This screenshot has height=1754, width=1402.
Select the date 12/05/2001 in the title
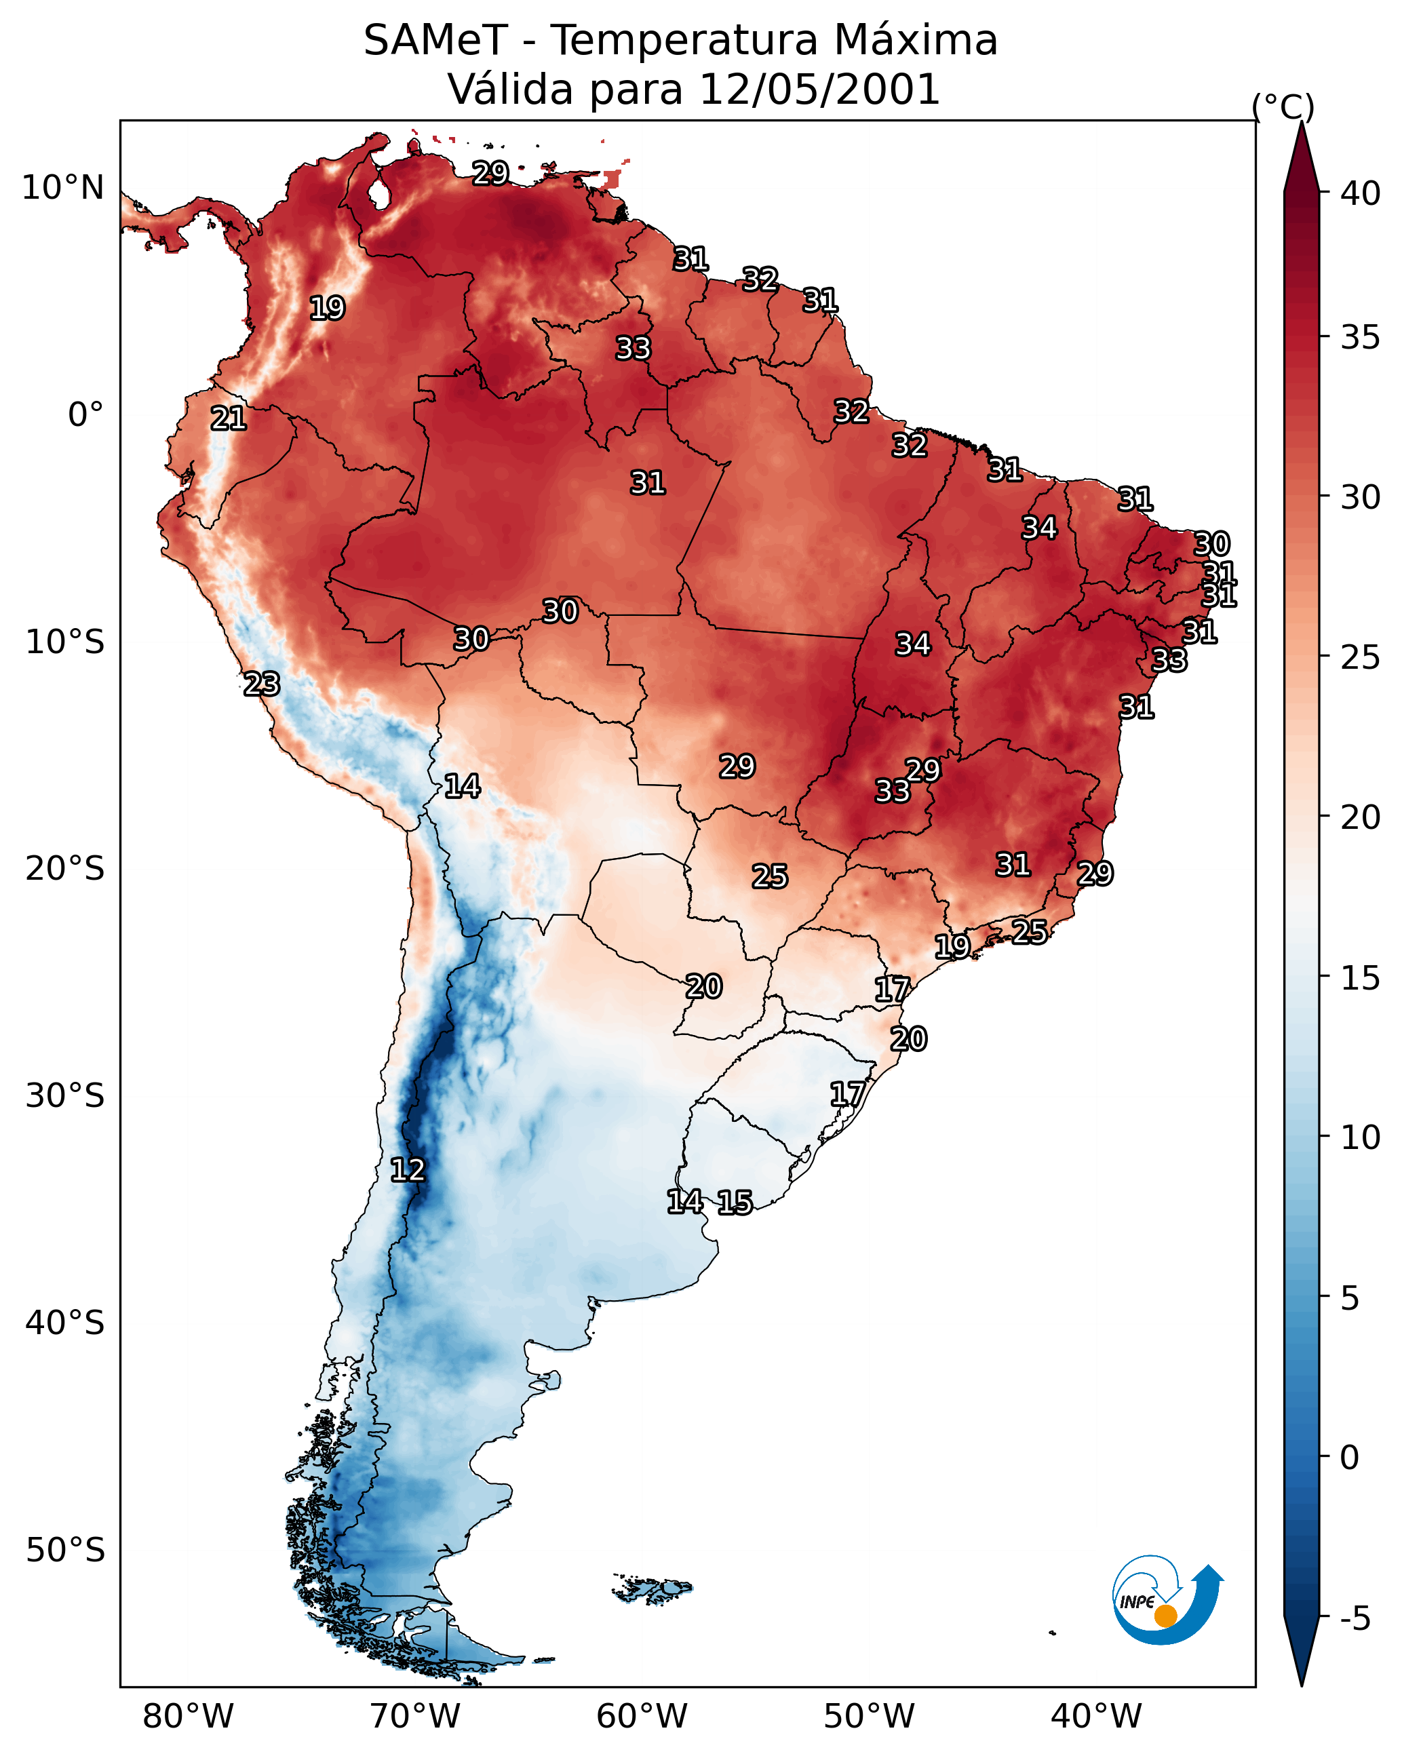819,90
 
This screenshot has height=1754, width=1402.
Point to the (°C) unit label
1283,106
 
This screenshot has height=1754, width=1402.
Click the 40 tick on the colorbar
1361,193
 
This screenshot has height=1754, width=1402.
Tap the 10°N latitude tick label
62,188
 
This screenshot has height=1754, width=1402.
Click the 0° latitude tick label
85,415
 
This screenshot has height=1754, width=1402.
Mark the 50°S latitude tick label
65,1551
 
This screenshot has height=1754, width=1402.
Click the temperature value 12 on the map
408,1170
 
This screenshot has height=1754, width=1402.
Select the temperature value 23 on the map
262,684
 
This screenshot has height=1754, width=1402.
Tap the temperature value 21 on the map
229,419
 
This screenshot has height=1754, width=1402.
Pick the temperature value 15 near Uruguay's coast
735,1203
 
